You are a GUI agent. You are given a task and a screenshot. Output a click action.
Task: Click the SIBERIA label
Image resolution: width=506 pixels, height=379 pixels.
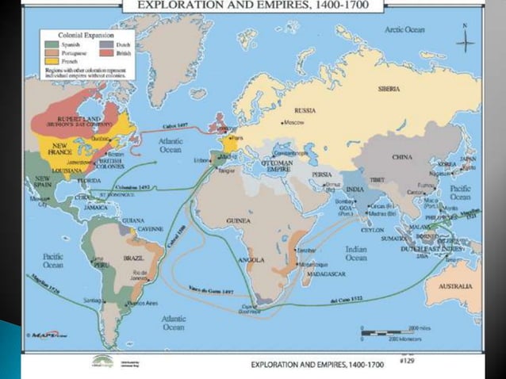(x=389, y=89)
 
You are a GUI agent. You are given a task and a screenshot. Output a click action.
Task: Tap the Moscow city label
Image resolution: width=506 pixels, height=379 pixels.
(x=296, y=124)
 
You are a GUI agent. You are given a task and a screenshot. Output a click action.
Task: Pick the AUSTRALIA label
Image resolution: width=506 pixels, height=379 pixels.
(x=458, y=285)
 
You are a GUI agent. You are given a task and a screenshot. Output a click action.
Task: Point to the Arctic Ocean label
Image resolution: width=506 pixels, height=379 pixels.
(x=407, y=29)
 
